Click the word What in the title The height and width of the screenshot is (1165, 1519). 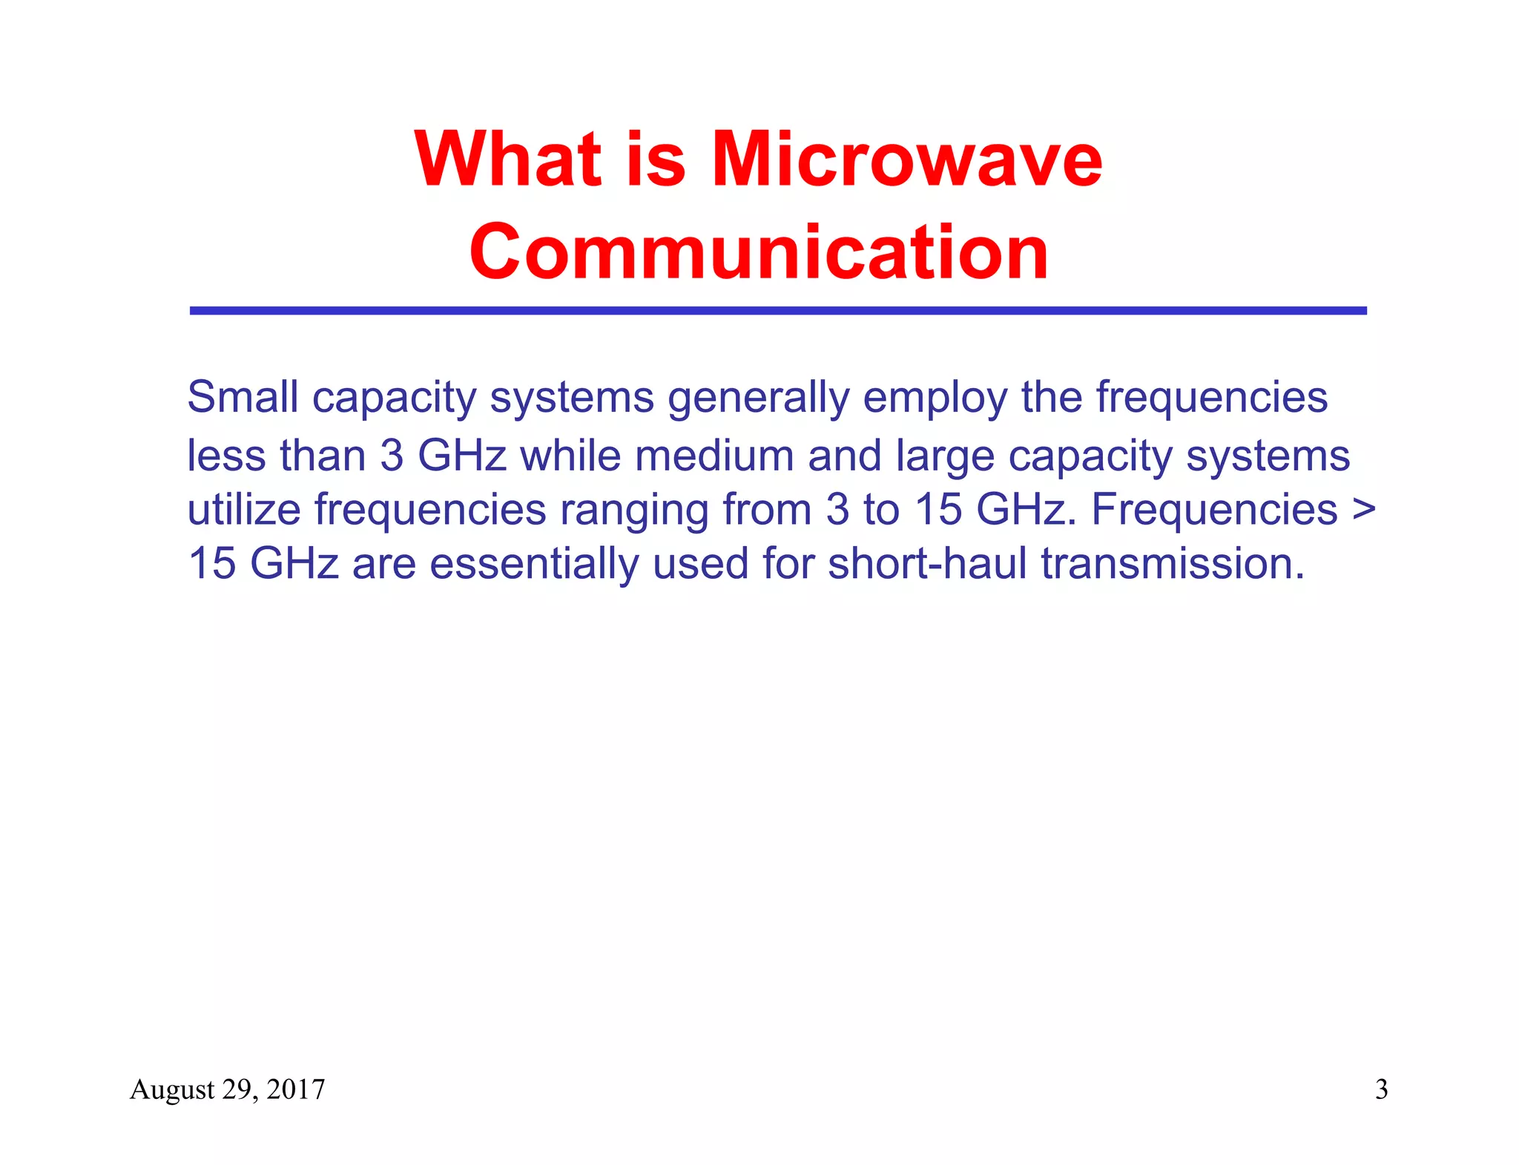pyautogui.click(x=507, y=160)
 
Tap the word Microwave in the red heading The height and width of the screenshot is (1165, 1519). pyautogui.click(x=906, y=160)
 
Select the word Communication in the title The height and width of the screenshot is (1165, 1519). pyautogui.click(x=759, y=252)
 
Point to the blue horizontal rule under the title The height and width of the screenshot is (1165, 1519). pyautogui.click(x=777, y=311)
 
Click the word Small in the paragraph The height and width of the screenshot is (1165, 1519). pyautogui.click(x=242, y=397)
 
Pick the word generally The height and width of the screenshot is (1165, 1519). pyautogui.click(x=758, y=398)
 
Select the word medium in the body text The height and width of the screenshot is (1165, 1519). pyautogui.click(x=714, y=455)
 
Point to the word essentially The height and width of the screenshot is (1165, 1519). pyautogui.click(x=534, y=564)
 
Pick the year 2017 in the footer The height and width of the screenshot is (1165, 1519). pyautogui.click(x=295, y=1089)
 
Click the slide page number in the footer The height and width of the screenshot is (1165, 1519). pyautogui.click(x=1381, y=1089)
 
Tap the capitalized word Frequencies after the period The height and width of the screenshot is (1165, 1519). pyautogui.click(x=1214, y=510)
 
